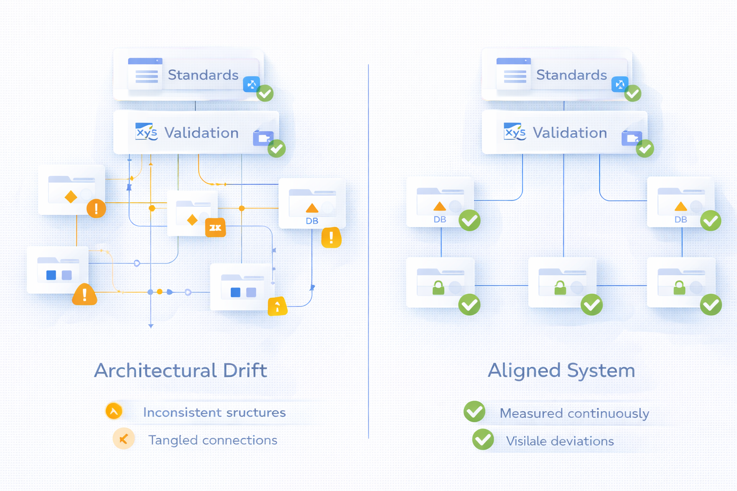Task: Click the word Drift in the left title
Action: tap(245, 371)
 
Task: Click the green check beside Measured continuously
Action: tap(475, 411)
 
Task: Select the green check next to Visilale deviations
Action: tap(483, 439)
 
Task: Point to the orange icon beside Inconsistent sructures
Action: tap(114, 411)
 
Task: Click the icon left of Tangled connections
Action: tap(123, 439)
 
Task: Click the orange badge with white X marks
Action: tap(215, 227)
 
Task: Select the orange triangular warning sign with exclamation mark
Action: tap(84, 294)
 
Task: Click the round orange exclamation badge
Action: tap(96, 209)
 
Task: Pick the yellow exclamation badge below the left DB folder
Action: tap(331, 237)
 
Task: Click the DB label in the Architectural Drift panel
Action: tap(312, 221)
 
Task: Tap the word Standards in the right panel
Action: tap(571, 75)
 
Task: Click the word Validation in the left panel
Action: tap(202, 133)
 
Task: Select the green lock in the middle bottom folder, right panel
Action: tap(560, 288)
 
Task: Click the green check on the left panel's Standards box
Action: tap(265, 93)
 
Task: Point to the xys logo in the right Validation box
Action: tap(515, 132)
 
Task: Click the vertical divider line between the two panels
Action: tap(368, 249)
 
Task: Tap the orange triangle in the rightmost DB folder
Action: tap(680, 207)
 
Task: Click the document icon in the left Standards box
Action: tap(145, 74)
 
